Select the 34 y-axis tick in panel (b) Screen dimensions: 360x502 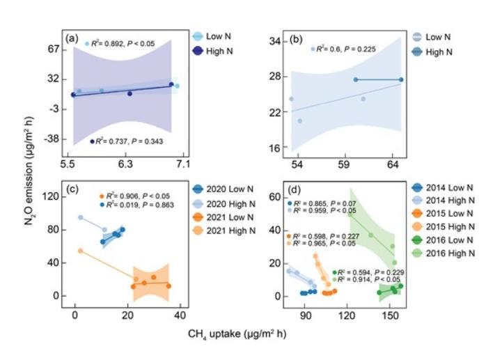[x=274, y=42]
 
